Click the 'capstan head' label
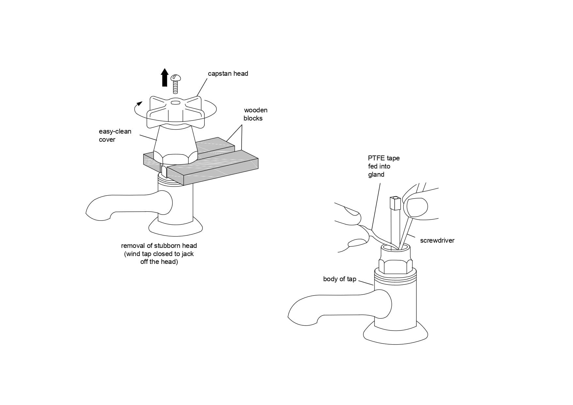tap(228, 74)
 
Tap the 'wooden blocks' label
tap(255, 114)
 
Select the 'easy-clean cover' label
tap(115, 136)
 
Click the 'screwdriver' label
tap(437, 241)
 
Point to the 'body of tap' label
tap(339, 279)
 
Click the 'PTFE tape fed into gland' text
tap(384, 166)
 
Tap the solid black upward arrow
tap(165, 77)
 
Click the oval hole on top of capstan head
tap(175, 103)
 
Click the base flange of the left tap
tap(176, 229)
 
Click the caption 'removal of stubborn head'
tap(159, 246)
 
